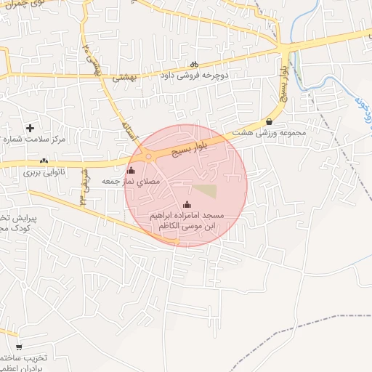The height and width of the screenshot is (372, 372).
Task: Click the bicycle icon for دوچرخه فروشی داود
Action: [194, 64]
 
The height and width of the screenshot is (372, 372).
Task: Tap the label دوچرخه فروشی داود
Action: [195, 76]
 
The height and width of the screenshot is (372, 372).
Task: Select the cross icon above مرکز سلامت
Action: [30, 128]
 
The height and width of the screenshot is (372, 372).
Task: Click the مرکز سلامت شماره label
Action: [33, 138]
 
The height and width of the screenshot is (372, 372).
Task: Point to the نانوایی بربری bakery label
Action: [44, 172]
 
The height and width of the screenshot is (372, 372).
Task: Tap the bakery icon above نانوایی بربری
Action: [44, 161]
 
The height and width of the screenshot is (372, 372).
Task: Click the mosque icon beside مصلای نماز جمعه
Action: [132, 170]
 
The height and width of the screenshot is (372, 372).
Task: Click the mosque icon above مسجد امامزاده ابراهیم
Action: [187, 205]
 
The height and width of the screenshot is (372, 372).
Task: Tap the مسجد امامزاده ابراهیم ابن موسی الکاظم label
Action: [187, 222]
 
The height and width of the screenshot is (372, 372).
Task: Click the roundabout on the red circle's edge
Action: [148, 156]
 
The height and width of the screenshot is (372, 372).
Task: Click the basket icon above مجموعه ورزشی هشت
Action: [270, 122]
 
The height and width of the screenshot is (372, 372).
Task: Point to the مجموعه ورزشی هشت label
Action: [270, 134]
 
